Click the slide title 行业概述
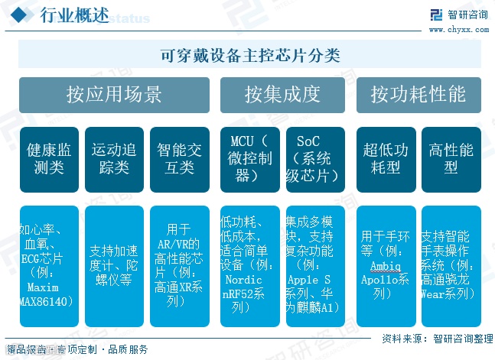tap(73, 16)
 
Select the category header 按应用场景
tap(114, 95)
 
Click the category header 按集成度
tap(282, 95)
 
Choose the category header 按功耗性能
tap(418, 95)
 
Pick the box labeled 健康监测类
tap(49, 159)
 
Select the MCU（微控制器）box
tap(249, 159)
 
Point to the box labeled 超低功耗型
tap(386, 159)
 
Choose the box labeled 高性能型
tap(451, 159)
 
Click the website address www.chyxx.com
tap(458, 29)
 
